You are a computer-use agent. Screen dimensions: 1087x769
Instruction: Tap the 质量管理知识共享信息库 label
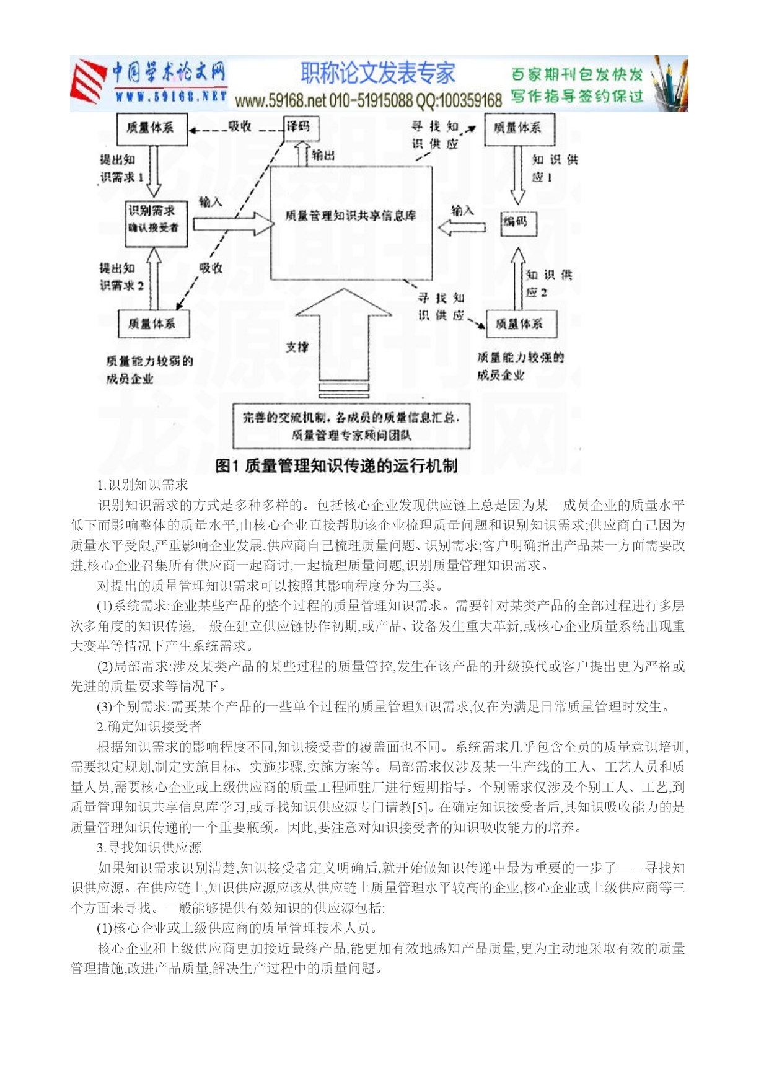click(351, 216)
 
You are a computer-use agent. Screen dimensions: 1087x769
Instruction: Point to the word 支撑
click(297, 347)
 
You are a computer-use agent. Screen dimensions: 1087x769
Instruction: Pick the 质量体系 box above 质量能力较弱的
click(153, 324)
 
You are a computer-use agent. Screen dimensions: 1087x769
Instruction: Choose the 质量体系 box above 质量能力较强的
click(521, 324)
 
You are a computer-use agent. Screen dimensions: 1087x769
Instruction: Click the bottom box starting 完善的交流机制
click(351, 426)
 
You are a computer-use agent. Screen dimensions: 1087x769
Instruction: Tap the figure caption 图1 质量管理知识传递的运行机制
click(336, 466)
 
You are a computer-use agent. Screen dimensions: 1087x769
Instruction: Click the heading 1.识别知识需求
click(143, 485)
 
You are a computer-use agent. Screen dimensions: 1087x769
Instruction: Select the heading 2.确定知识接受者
click(149, 727)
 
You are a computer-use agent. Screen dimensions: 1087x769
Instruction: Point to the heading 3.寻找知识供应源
click(149, 848)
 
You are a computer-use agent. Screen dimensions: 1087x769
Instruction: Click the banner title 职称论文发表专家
click(378, 74)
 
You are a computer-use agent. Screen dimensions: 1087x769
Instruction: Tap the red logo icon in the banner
click(87, 82)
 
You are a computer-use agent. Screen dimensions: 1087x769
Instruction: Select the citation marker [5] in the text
click(420, 808)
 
